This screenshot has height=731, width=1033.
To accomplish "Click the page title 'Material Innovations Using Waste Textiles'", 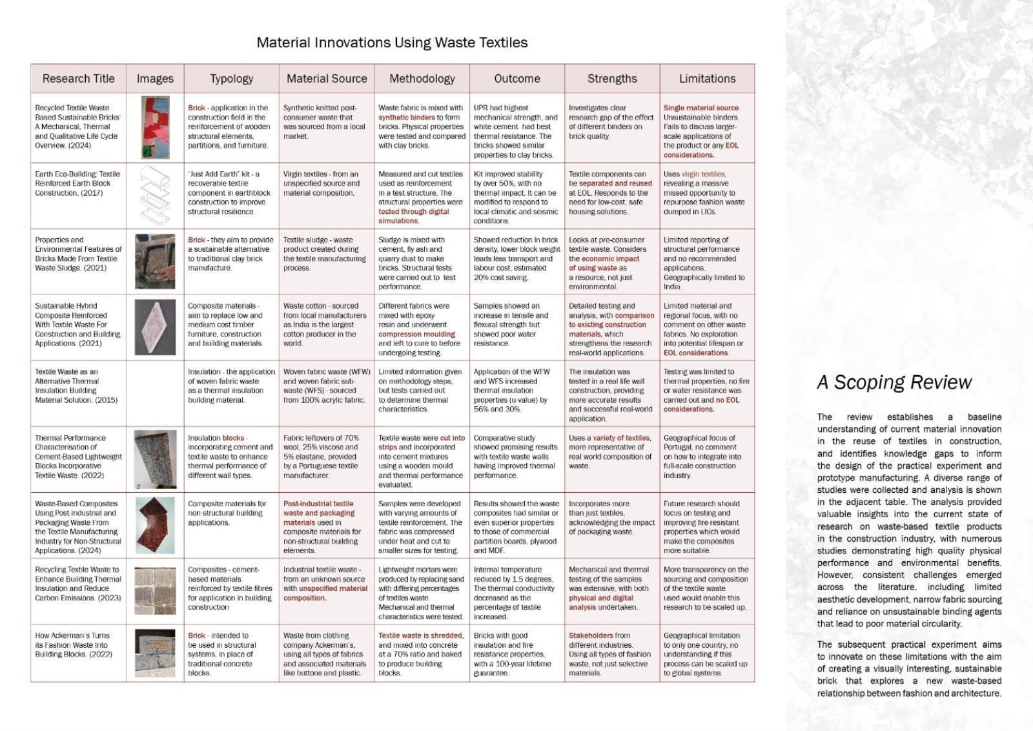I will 392,43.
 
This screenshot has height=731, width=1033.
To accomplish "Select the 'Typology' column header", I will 231,79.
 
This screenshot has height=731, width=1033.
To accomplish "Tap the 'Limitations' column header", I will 707,79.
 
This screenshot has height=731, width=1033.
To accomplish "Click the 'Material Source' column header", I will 327,79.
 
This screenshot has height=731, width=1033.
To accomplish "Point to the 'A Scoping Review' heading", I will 894,382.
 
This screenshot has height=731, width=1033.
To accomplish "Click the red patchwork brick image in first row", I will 156,128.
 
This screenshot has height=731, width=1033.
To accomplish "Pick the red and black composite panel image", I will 155,525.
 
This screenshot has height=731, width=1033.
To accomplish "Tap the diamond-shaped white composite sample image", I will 155,327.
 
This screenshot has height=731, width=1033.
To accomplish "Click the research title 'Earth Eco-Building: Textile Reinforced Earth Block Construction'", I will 77,183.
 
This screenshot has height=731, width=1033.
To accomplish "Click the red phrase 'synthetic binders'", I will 407,118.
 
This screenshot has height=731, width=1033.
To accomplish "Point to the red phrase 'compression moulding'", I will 416,335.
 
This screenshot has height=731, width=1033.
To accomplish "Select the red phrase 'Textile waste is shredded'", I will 420,635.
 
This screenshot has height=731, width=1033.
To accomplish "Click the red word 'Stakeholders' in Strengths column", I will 590,635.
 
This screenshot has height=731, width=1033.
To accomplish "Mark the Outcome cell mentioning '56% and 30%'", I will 516,390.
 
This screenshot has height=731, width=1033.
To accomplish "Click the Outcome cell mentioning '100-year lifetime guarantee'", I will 516,654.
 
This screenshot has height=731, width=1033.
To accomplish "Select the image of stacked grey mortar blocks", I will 155,591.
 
